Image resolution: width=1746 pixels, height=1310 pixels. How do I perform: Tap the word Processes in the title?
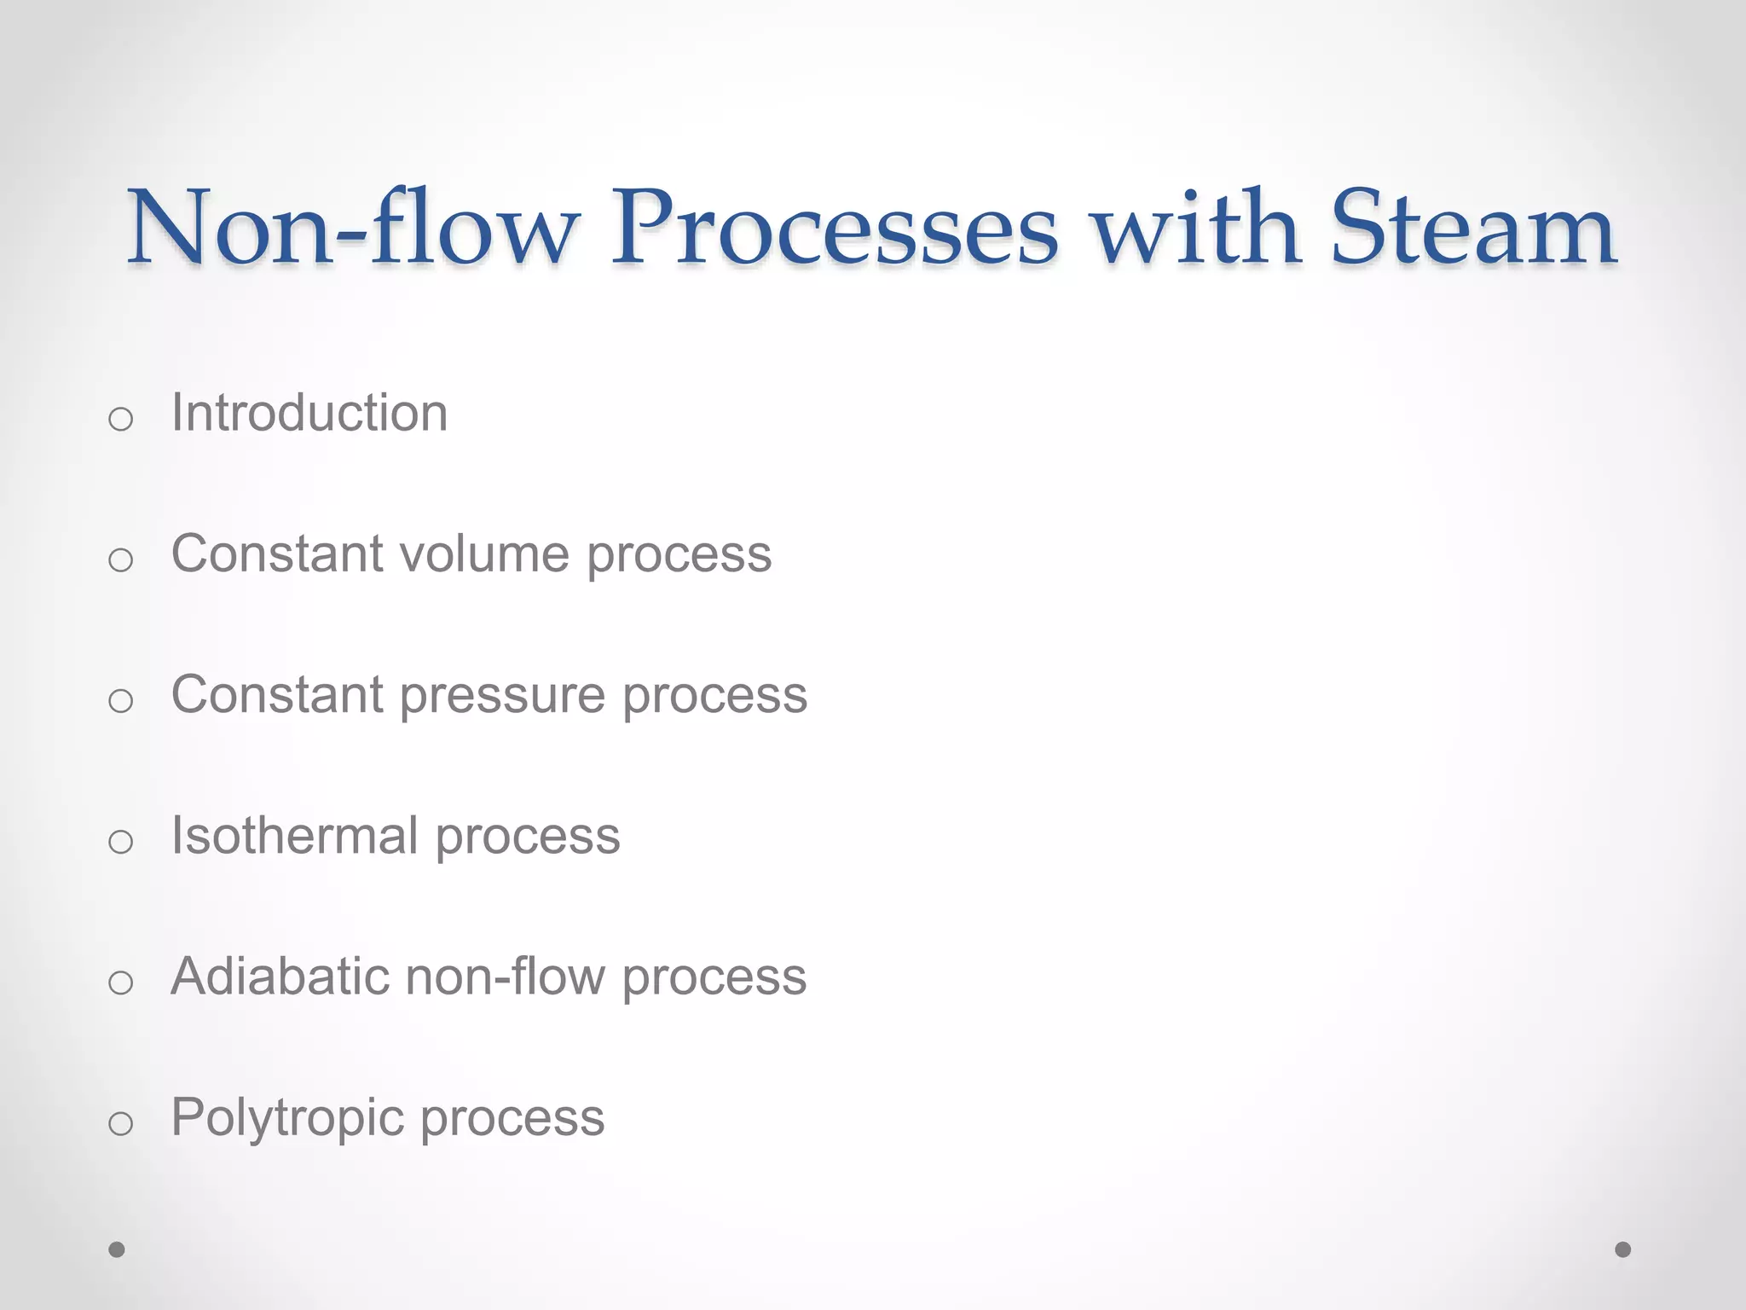835,228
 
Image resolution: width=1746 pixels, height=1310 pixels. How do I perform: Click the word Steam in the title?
1473,228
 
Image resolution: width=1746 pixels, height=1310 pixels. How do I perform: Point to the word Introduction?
309,413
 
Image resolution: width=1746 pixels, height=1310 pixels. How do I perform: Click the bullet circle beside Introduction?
121,419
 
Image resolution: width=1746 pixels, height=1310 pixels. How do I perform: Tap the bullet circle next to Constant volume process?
121,559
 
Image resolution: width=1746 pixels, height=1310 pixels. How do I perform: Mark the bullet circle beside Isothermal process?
121,842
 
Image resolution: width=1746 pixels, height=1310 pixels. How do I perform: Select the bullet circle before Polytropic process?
121,1123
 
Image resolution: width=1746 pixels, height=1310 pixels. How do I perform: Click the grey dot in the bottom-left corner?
117,1249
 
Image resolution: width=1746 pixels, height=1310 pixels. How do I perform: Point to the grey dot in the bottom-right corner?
1623,1249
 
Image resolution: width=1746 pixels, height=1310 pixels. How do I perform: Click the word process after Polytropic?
512,1118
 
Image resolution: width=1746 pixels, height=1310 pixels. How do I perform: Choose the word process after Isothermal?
528,837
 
